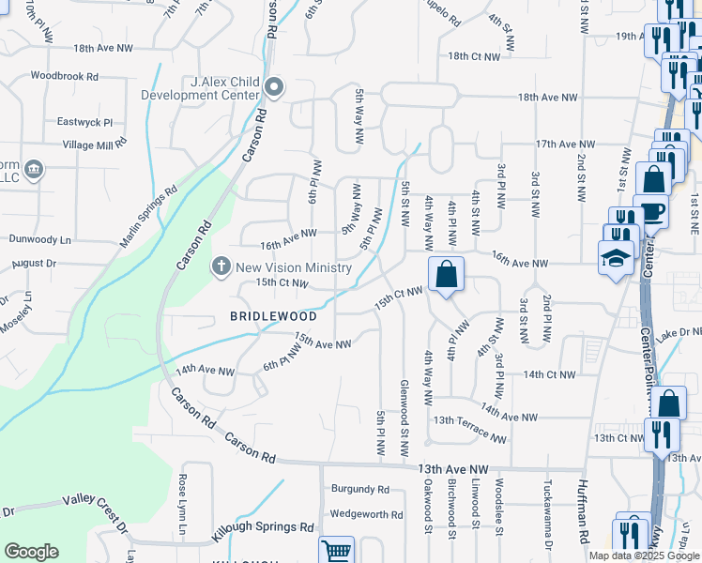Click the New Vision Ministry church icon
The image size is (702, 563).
221,266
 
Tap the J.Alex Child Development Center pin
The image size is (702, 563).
274,88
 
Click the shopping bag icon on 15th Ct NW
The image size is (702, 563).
448,274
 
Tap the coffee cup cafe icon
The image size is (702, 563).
650,211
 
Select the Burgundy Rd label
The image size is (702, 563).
360,489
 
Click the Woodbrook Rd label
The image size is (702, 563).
65,76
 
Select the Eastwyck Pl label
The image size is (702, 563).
84,122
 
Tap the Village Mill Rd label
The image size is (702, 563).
94,145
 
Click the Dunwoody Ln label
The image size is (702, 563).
39,239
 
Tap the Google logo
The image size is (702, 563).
32,552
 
